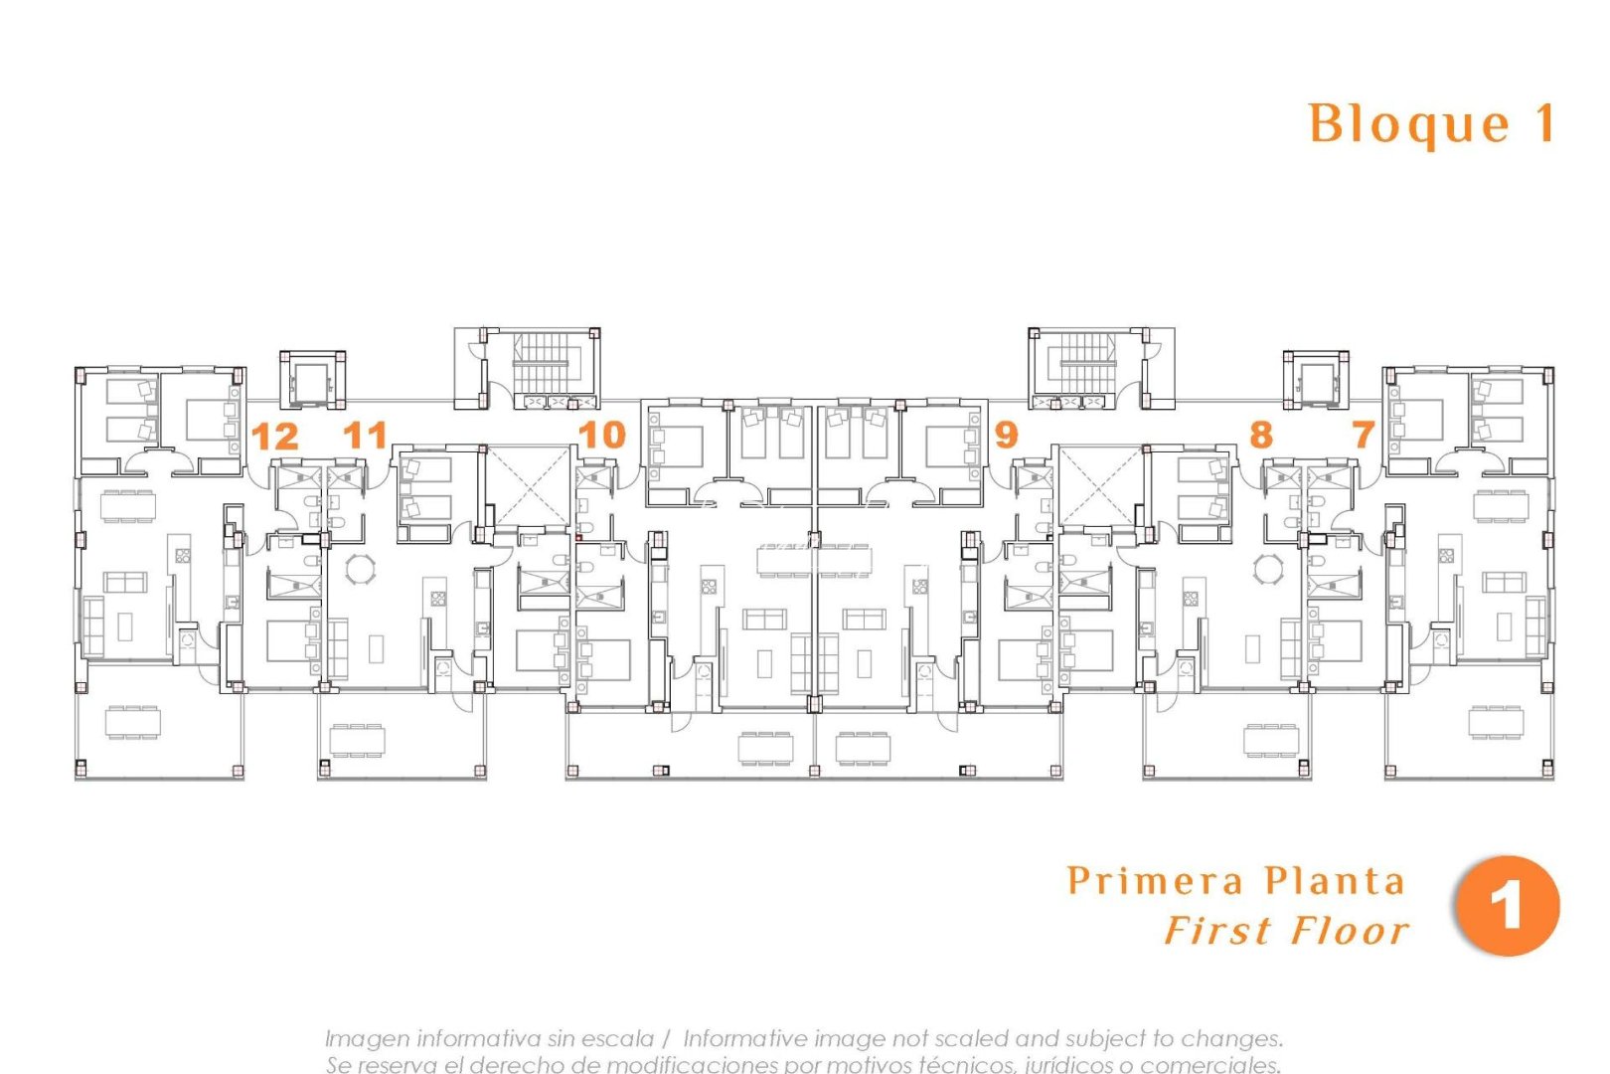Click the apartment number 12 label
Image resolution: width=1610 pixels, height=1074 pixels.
274,437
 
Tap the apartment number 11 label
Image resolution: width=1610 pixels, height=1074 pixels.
365,435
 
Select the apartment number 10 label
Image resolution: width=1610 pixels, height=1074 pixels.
601,435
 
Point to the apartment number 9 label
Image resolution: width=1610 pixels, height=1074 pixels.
1006,435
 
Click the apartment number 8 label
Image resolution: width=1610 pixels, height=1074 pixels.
1260,435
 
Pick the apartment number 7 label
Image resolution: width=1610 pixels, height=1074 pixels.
1363,435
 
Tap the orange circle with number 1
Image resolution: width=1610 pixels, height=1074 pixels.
1507,906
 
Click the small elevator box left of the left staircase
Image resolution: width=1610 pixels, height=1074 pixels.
312,380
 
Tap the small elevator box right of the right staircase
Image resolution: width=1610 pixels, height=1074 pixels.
1316,380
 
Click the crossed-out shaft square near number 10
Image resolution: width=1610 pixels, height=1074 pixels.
529,486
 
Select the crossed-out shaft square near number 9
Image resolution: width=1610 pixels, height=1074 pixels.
1100,486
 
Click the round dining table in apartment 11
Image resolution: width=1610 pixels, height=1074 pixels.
360,570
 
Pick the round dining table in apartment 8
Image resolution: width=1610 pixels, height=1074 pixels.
1268,570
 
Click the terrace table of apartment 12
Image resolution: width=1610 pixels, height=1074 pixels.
132,721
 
